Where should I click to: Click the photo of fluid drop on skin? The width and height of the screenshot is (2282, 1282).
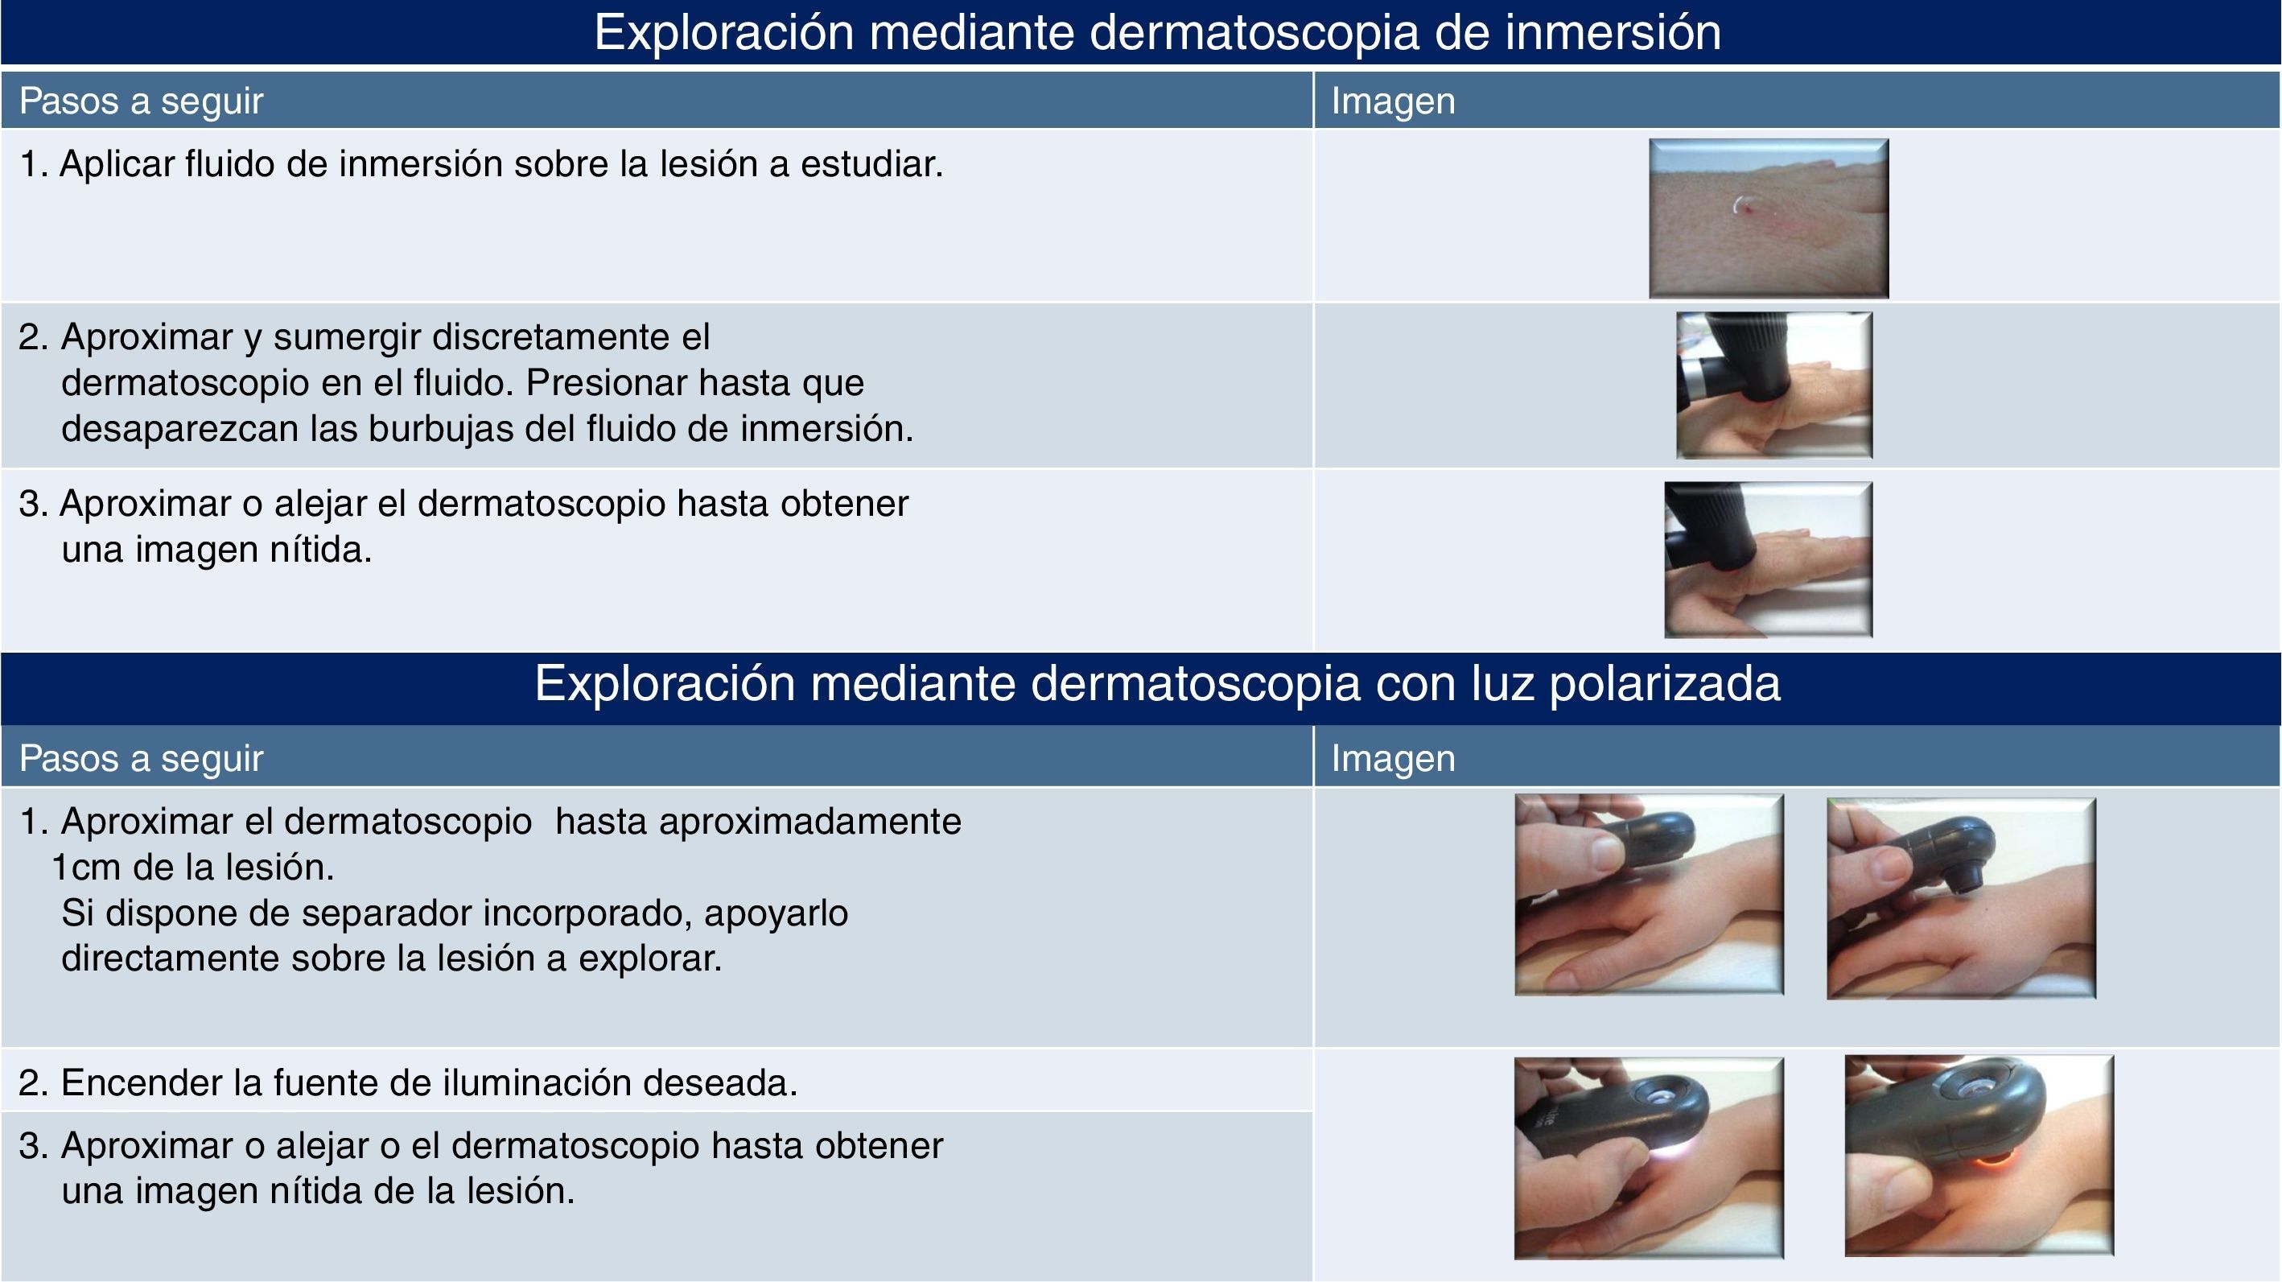(x=1768, y=218)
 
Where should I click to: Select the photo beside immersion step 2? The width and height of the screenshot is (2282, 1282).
(x=1773, y=385)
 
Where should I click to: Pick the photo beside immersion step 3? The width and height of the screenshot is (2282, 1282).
(x=1768, y=559)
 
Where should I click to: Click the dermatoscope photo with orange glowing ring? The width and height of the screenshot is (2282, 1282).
(x=1979, y=1156)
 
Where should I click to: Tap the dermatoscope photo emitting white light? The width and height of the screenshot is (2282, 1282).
(x=1649, y=1158)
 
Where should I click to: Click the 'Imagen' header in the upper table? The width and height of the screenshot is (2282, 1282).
(x=1393, y=101)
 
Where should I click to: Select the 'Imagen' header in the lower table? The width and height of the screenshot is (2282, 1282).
(x=1393, y=758)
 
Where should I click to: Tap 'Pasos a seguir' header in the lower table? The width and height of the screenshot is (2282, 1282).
(x=142, y=758)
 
